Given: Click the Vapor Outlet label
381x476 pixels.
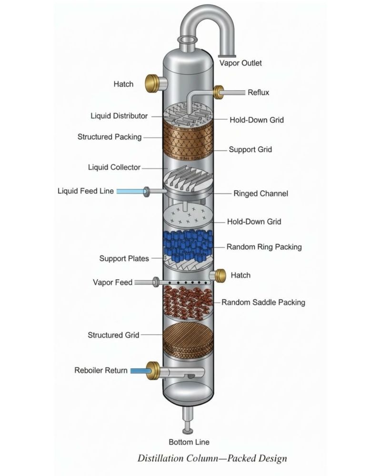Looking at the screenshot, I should [240, 63].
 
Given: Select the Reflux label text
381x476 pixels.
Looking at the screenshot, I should [258, 92].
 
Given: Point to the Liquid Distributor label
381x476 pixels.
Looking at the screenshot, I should [119, 116].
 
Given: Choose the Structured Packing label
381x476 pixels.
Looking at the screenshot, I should [110, 137].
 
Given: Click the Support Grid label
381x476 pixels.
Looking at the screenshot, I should [250, 149].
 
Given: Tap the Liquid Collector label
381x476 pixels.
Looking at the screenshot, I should [114, 167].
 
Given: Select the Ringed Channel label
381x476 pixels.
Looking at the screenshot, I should [261, 194].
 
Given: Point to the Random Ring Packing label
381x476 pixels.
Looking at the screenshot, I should [264, 247].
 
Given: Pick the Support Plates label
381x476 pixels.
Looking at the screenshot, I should [124, 258].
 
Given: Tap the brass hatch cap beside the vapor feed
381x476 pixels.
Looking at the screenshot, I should [221, 275].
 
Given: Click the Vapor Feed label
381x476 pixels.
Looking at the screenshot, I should [112, 282].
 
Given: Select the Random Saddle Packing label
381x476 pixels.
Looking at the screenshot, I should [263, 302].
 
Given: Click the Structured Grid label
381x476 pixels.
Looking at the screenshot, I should [113, 335].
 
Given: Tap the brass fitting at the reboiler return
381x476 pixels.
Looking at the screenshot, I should [153, 370].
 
